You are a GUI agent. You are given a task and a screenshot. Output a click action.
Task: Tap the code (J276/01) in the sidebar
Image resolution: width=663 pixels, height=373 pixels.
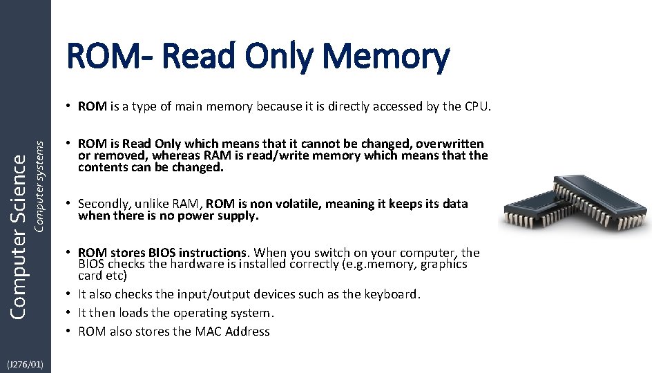[x=25, y=364]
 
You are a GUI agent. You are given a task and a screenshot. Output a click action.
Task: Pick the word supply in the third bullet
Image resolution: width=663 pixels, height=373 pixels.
[x=238, y=216]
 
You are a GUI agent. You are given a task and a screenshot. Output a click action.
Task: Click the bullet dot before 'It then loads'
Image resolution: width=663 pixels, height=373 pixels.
[x=70, y=313]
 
